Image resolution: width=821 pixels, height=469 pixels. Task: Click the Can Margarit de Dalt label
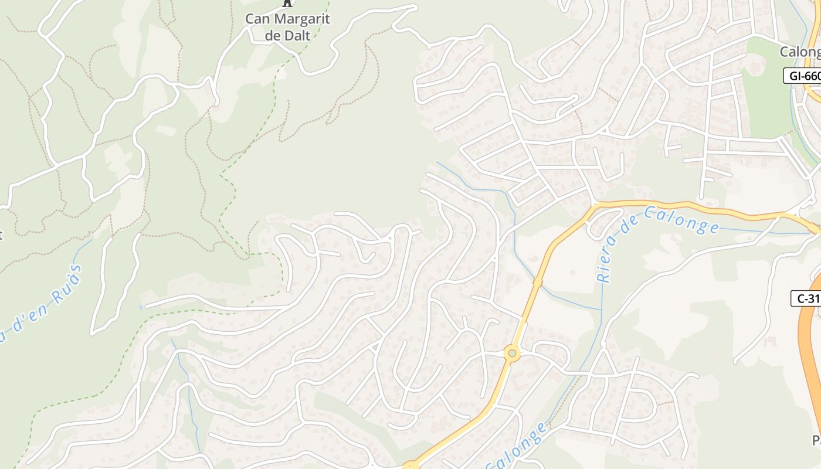(x=287, y=26)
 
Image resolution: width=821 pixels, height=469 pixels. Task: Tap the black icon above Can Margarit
(x=287, y=3)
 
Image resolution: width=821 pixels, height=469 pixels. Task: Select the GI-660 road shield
(x=802, y=76)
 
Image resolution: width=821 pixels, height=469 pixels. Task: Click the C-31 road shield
(x=808, y=298)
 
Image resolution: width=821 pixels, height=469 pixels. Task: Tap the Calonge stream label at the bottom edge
(x=516, y=448)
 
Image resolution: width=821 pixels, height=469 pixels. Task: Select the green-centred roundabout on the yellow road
(x=513, y=353)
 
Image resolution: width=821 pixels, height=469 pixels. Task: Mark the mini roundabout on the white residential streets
(x=391, y=238)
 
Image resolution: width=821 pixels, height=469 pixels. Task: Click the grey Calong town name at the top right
(x=799, y=52)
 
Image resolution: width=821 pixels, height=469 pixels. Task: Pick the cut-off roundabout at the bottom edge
(x=410, y=466)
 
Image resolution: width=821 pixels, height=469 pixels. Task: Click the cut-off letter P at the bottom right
(x=816, y=440)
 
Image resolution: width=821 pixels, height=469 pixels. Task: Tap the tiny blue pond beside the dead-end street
(x=141, y=307)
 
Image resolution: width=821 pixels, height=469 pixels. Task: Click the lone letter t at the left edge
(x=1, y=236)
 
